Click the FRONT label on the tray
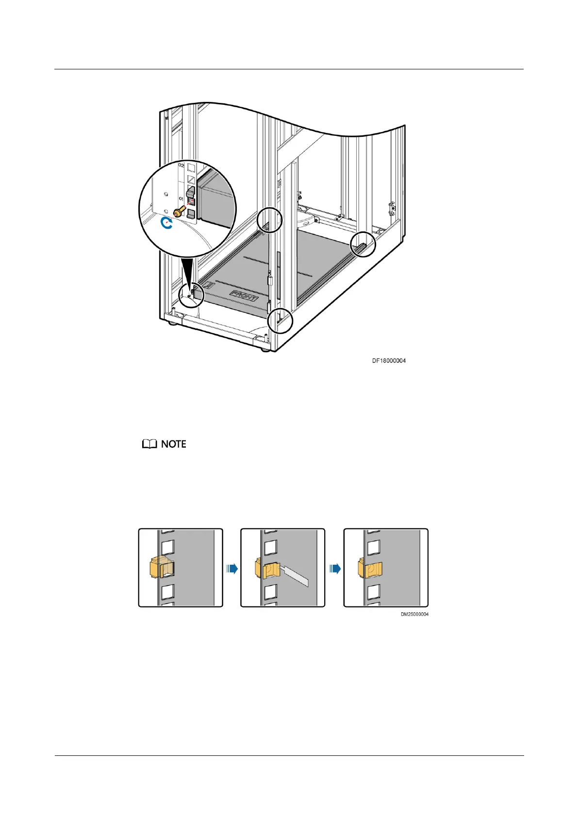tap(244, 296)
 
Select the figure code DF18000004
tap(389, 361)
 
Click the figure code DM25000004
tap(414, 614)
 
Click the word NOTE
tap(174, 444)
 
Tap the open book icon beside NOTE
tap(149, 444)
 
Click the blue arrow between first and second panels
tap(232, 568)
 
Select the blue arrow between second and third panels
tap(335, 568)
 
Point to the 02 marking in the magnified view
tap(182, 165)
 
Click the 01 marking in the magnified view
tap(181, 199)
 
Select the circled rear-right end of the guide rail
tap(363, 244)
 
